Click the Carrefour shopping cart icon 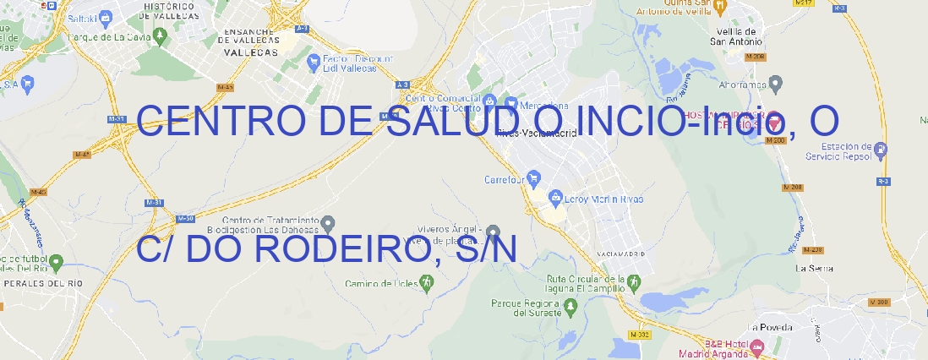[x=535, y=179]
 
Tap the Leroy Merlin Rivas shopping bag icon [x=555, y=199]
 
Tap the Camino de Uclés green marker [x=425, y=283]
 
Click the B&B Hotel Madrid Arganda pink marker [x=757, y=346]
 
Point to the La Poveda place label [x=769, y=327]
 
